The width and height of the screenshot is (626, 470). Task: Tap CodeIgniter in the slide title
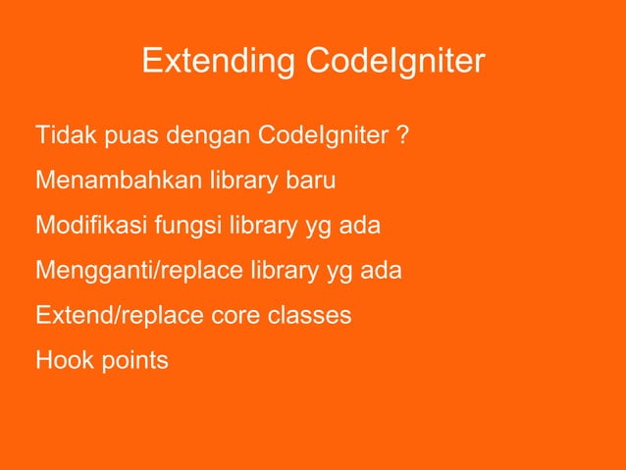(x=395, y=62)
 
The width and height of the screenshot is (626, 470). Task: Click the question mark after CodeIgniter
(x=403, y=135)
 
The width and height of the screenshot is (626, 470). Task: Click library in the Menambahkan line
(x=241, y=182)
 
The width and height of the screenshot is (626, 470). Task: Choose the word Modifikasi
(x=90, y=227)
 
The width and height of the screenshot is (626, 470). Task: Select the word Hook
(x=58, y=361)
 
